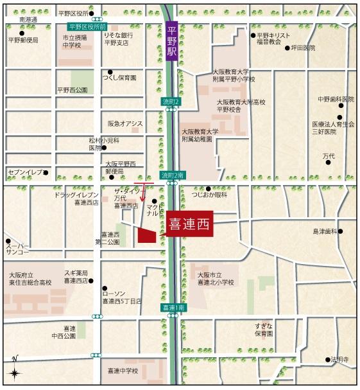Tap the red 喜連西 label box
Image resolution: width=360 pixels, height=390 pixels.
(x=188, y=225)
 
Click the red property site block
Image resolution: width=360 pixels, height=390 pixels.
(x=147, y=236)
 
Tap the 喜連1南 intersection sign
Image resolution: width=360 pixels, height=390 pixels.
(x=173, y=308)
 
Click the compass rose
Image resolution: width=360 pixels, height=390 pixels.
(x=15, y=371)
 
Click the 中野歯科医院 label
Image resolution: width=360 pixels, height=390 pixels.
(x=336, y=100)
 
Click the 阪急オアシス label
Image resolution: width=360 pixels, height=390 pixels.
(x=125, y=123)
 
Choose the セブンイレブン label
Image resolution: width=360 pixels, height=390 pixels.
(x=25, y=172)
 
